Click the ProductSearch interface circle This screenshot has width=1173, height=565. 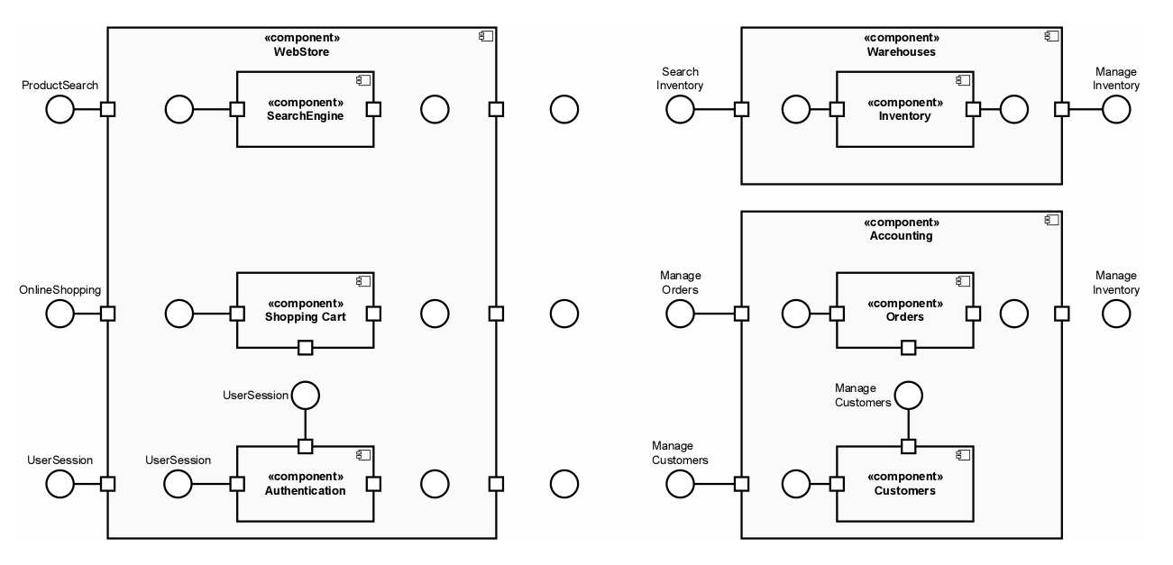point(60,110)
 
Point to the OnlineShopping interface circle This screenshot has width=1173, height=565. point(60,314)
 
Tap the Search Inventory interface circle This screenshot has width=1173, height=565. point(680,110)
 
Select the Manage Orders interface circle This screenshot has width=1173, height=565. point(680,314)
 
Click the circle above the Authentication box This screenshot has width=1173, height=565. point(306,395)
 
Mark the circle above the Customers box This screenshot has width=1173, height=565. point(909,395)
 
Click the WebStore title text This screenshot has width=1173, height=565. point(301,52)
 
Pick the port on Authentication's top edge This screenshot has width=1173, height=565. point(306,446)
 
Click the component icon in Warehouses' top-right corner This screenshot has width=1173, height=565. point(1050,37)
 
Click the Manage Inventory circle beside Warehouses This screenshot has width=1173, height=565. point(1116,110)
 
